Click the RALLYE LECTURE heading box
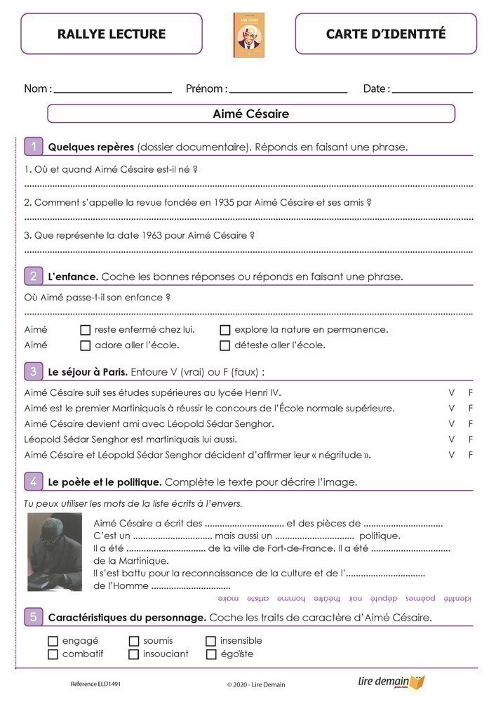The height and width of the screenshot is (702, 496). (x=112, y=34)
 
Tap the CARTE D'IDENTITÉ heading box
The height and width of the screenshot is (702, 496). (x=386, y=34)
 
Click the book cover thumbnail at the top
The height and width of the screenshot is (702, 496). (x=249, y=35)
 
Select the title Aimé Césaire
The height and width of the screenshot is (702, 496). (x=250, y=114)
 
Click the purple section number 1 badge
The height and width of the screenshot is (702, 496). (x=33, y=147)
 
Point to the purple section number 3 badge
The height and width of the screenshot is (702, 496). (x=33, y=371)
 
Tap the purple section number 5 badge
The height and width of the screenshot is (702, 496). (x=33, y=617)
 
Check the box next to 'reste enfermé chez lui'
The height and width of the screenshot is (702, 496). (x=86, y=329)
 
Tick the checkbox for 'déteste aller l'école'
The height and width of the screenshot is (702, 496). (x=225, y=345)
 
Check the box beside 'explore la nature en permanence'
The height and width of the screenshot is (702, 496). (x=225, y=329)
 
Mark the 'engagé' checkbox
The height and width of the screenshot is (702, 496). (x=53, y=641)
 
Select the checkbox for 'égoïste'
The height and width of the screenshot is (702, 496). (x=211, y=654)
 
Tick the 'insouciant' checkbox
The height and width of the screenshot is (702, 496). (x=134, y=654)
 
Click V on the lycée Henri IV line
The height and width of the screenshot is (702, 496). (x=452, y=392)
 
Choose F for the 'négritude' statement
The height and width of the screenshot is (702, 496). (x=471, y=455)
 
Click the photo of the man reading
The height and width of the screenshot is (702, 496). (x=55, y=552)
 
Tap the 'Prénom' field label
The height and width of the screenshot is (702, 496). (x=205, y=89)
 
